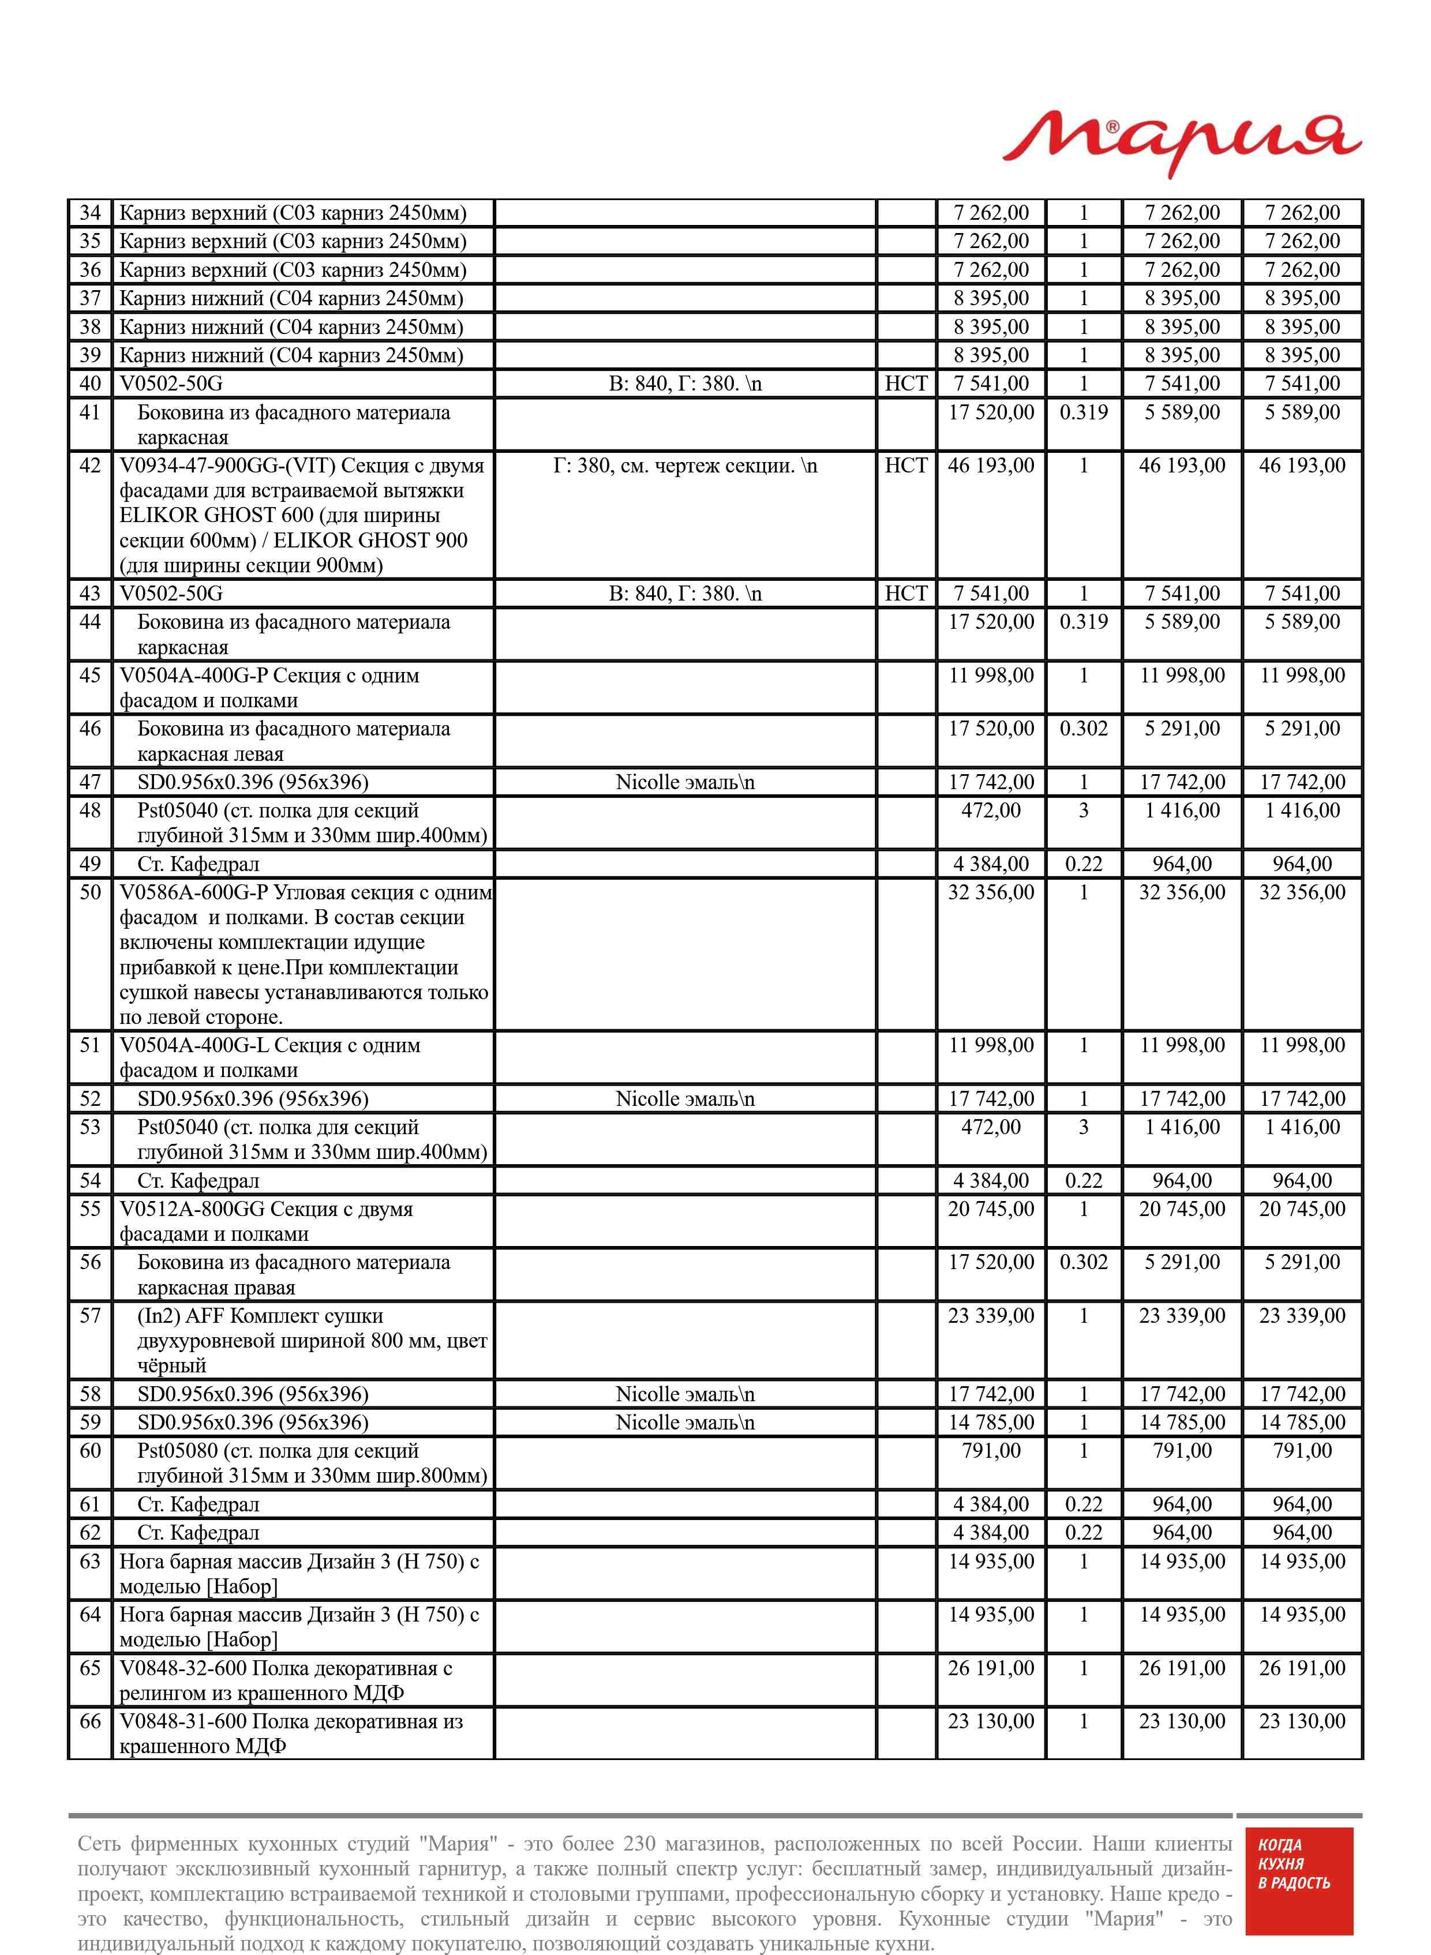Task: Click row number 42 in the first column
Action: [x=90, y=466]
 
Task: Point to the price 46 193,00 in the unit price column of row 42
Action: [x=991, y=466]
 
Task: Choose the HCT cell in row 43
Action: [x=906, y=594]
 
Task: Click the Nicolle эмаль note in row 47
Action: [x=684, y=783]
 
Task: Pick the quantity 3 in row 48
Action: [x=1084, y=811]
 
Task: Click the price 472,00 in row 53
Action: [x=991, y=1127]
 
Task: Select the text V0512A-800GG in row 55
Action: [x=192, y=1210]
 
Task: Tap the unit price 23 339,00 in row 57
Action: [x=991, y=1316]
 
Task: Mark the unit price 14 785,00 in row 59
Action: [x=991, y=1423]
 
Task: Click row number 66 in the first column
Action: [x=90, y=1721]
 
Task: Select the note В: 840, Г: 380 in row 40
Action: [x=684, y=384]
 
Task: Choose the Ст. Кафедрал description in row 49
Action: [x=198, y=864]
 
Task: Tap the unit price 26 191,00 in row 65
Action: [x=991, y=1668]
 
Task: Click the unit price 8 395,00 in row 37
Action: [x=991, y=299]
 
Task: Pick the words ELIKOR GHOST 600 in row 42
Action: [x=216, y=516]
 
